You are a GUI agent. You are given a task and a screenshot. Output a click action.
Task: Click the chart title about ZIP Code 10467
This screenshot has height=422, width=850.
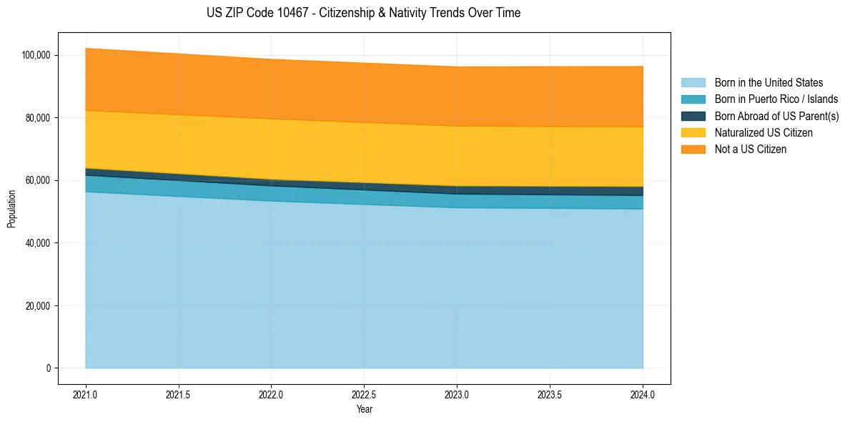tap(363, 13)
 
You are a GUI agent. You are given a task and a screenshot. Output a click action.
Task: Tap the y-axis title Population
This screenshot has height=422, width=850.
tap(11, 209)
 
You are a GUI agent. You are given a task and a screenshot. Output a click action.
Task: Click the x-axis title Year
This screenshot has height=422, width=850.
tap(364, 410)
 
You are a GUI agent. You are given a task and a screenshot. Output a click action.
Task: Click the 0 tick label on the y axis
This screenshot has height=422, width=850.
tap(49, 368)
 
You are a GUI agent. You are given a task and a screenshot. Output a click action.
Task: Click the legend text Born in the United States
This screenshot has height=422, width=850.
tap(769, 83)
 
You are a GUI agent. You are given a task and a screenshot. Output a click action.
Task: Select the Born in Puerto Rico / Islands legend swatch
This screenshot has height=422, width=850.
tap(693, 99)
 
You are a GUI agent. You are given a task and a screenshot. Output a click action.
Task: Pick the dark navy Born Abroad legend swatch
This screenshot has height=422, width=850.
tap(693, 116)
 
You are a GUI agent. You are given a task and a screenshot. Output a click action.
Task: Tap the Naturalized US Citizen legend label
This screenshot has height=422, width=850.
tap(763, 133)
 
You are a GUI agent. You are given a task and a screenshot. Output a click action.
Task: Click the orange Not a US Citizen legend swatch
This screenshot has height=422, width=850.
tap(693, 149)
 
